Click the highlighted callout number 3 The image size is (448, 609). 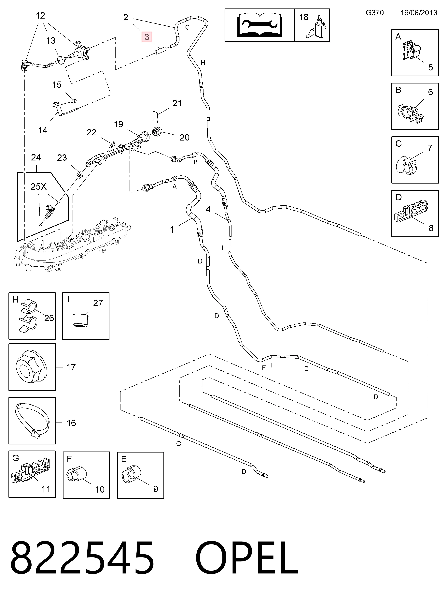coord(147,37)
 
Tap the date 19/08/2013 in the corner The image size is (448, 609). coord(419,13)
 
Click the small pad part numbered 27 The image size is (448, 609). coord(81,320)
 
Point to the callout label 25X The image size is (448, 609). coord(38,187)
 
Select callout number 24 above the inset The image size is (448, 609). coord(36,157)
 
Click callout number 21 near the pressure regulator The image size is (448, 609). coord(177,103)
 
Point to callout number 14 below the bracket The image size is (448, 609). coord(43,130)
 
